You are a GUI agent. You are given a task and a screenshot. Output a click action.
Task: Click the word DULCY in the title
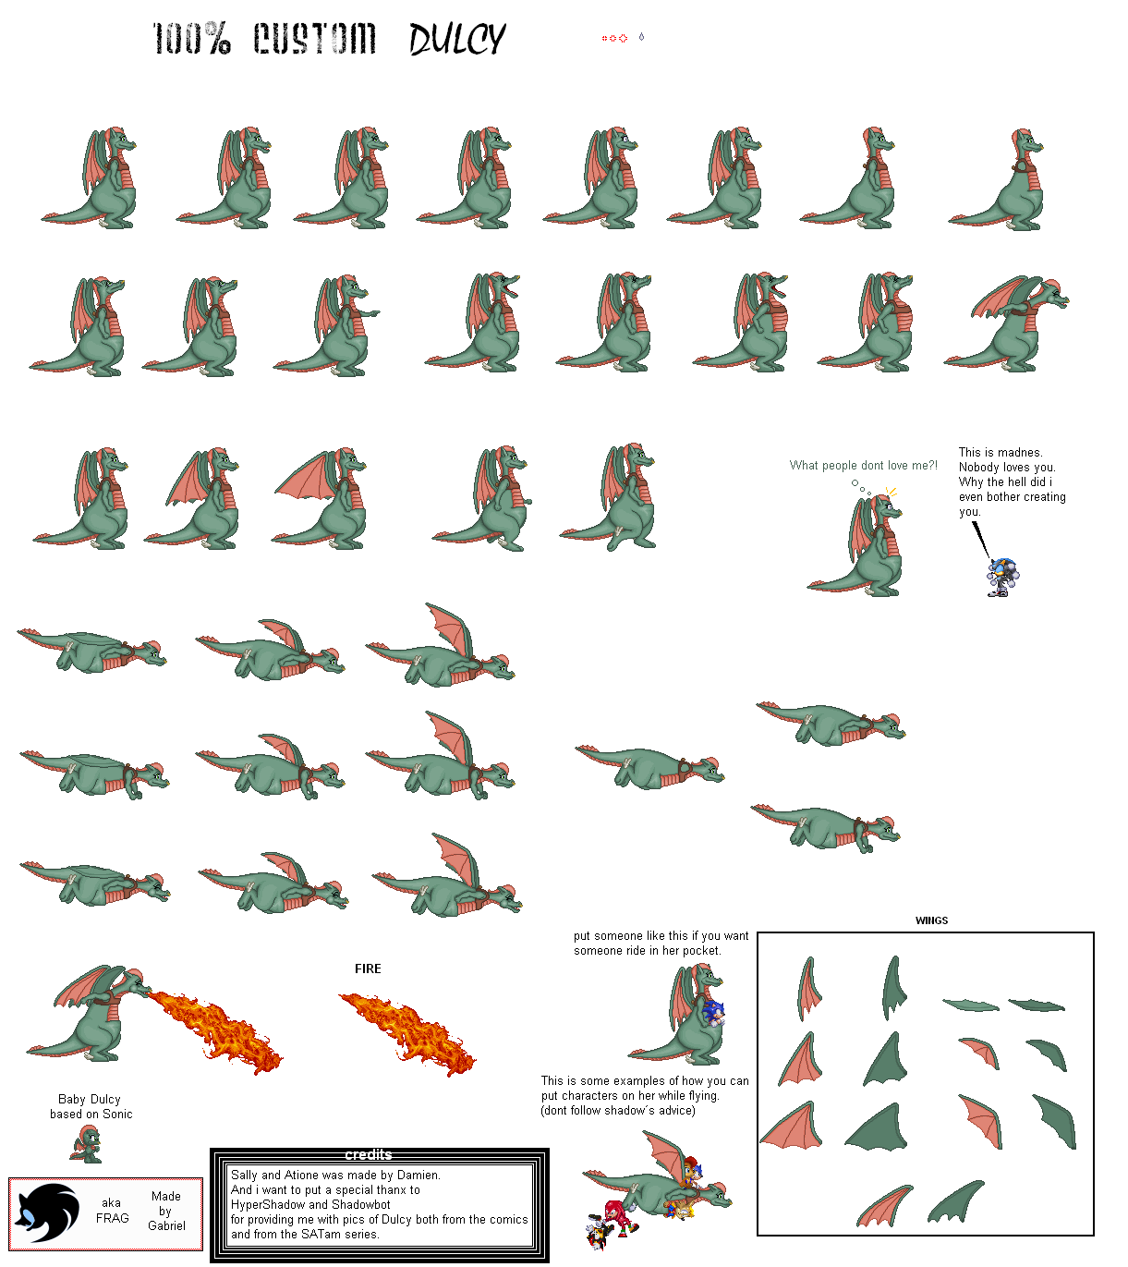[457, 39]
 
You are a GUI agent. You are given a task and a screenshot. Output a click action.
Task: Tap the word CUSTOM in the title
[314, 39]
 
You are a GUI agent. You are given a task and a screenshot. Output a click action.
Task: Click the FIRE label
[368, 969]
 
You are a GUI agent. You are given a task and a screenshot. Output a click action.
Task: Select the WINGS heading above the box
[931, 920]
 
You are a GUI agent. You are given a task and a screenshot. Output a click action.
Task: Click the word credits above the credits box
[369, 1154]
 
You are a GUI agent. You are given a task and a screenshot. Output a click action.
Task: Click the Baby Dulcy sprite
[86, 1144]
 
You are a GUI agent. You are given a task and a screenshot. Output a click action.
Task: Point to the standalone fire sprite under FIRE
[407, 1032]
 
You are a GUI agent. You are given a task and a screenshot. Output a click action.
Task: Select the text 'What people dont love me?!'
[864, 465]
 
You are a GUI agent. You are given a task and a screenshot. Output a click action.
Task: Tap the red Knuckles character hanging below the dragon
[613, 1217]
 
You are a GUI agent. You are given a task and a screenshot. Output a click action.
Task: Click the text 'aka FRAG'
[112, 1210]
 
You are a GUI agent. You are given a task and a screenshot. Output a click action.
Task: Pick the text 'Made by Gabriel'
[166, 1211]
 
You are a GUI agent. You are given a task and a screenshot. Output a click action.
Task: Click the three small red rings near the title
[614, 39]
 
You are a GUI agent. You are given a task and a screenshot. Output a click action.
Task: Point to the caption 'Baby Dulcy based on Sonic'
[91, 1106]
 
